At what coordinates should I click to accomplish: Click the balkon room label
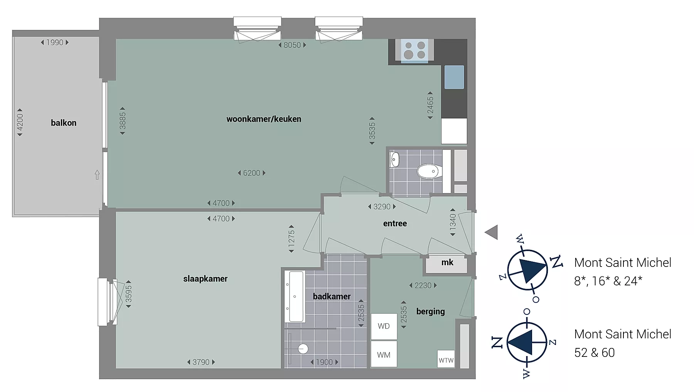coord(64,123)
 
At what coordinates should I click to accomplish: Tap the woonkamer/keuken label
coord(264,119)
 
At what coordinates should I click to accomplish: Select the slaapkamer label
coord(205,279)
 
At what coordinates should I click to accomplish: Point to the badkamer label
coord(332,297)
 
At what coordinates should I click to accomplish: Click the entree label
coord(395,224)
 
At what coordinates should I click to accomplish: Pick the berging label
coord(430,312)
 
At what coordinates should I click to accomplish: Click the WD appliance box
coord(384,326)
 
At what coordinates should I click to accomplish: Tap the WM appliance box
coord(384,354)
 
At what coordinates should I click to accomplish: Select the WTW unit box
coord(446,359)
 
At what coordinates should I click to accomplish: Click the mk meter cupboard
coord(446,264)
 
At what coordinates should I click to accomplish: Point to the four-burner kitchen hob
coord(414,51)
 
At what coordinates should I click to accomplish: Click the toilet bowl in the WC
coord(429,171)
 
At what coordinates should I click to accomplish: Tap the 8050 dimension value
coord(292,45)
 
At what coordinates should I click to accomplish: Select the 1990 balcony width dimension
coord(55,42)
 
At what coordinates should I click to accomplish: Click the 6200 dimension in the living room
coord(251,173)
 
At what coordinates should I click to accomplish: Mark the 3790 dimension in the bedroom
coord(201,362)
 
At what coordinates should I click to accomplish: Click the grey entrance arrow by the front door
coord(491,232)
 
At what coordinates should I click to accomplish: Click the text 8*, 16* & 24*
coord(608,281)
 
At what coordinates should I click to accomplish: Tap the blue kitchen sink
coord(454,77)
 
